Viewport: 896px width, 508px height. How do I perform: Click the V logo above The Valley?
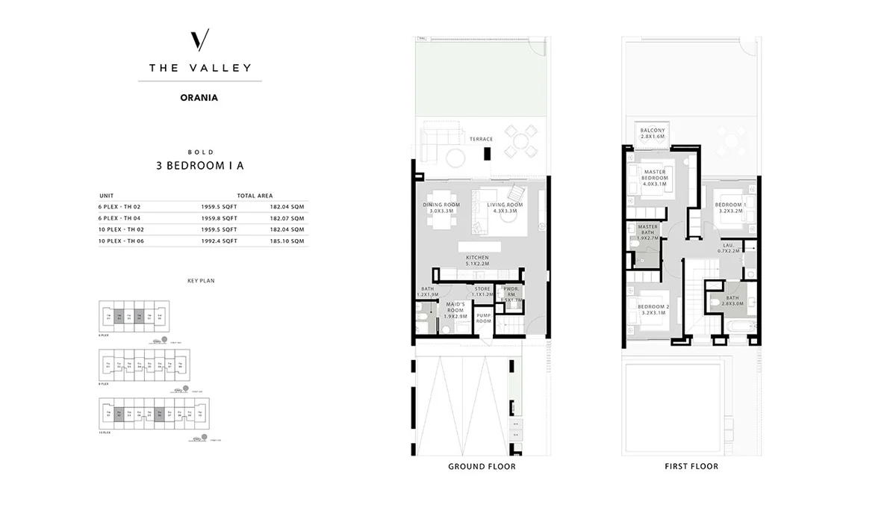[x=199, y=40]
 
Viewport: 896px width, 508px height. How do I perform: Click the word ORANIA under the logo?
[x=199, y=96]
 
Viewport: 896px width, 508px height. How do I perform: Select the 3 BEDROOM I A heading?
[x=200, y=167]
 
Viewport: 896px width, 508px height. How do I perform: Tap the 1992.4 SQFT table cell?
[x=220, y=241]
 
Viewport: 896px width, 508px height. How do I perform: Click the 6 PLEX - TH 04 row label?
[x=119, y=218]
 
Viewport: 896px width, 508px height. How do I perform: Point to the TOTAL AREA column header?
[x=255, y=195]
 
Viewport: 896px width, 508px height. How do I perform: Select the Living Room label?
[x=505, y=208]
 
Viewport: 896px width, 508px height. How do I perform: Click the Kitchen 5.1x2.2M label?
[x=477, y=261]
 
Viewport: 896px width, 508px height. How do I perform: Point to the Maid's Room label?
[x=455, y=309]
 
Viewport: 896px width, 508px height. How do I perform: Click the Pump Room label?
[x=483, y=318]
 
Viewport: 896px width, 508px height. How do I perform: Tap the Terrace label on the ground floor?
[x=481, y=139]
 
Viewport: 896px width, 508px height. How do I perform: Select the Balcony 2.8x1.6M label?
[x=653, y=134]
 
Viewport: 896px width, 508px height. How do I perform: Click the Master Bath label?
[x=647, y=232]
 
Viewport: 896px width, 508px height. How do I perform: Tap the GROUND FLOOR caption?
[x=482, y=467]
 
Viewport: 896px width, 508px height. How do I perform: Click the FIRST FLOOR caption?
[x=691, y=467]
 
